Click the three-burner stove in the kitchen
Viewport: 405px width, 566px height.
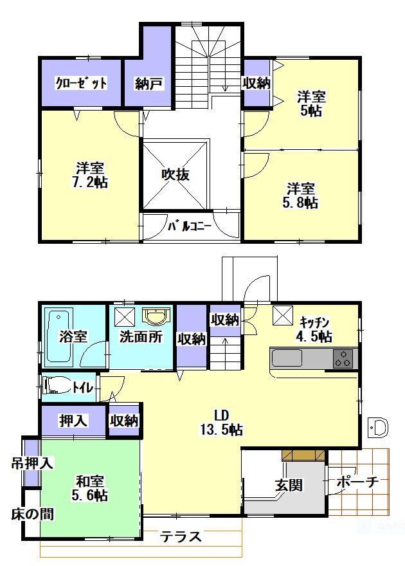click(343, 358)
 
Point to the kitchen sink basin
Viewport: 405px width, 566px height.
click(287, 358)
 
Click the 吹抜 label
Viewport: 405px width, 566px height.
click(175, 174)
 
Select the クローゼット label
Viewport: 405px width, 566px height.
click(81, 83)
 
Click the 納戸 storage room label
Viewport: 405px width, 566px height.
click(148, 84)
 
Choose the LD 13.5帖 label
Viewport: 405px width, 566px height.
click(221, 423)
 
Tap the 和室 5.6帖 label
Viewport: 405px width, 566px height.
click(90, 488)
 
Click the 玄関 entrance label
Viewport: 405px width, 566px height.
click(289, 485)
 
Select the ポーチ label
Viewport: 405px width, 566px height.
click(358, 481)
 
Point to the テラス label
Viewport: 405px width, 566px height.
click(181, 537)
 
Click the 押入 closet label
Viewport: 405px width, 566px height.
click(73, 421)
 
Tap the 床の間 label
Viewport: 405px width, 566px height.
click(32, 514)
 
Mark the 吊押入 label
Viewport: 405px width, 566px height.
click(32, 463)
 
